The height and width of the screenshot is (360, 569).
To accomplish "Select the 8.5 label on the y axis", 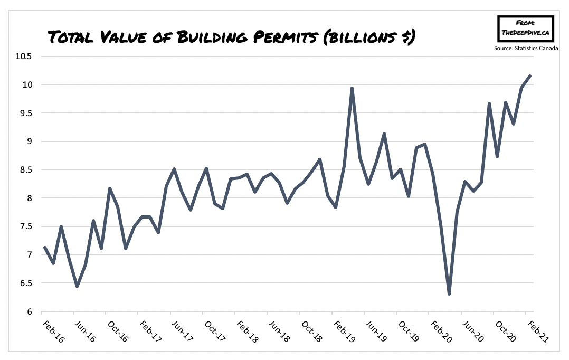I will click(24, 170).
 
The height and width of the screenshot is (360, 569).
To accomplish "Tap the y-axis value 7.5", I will click(24, 226).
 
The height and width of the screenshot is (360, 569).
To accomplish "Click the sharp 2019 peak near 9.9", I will click(352, 88).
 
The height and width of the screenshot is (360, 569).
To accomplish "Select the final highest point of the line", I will click(529, 76).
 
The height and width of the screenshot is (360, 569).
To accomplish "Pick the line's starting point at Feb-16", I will click(45, 247).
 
